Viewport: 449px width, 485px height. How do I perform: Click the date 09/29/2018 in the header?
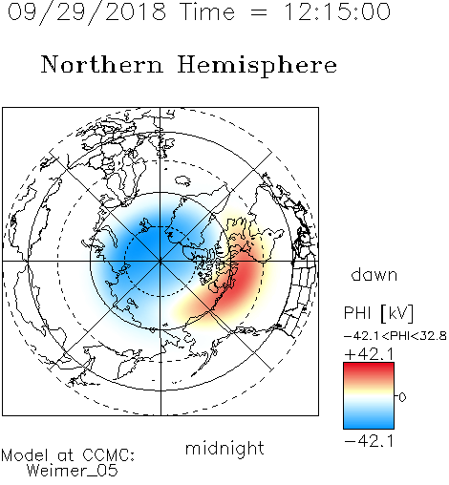[x=87, y=12]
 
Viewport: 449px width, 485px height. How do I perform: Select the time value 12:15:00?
[x=337, y=11]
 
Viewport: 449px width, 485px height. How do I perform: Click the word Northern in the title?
[x=102, y=64]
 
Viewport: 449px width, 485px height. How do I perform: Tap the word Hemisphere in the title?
[x=257, y=66]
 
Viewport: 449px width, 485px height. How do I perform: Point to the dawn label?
[x=374, y=274]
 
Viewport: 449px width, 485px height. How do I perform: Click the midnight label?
[x=224, y=449]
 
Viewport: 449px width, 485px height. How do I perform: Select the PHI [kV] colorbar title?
[x=378, y=313]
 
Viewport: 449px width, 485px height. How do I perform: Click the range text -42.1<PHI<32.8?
[x=395, y=336]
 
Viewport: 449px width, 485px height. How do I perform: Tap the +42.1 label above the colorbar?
[x=370, y=354]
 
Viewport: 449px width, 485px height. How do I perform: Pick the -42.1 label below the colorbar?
[x=370, y=441]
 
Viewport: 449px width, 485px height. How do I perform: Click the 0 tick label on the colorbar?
[x=402, y=397]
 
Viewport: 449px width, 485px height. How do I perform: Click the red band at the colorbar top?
[x=369, y=369]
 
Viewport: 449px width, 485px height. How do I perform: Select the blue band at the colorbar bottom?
[x=369, y=422]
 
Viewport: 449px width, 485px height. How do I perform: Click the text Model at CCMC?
[x=68, y=455]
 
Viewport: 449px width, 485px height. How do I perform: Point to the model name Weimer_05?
[x=73, y=471]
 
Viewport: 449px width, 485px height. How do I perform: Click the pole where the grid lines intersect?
[x=160, y=262]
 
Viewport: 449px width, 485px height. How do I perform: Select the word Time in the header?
[x=207, y=11]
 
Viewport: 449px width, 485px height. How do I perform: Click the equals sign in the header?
[x=259, y=12]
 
